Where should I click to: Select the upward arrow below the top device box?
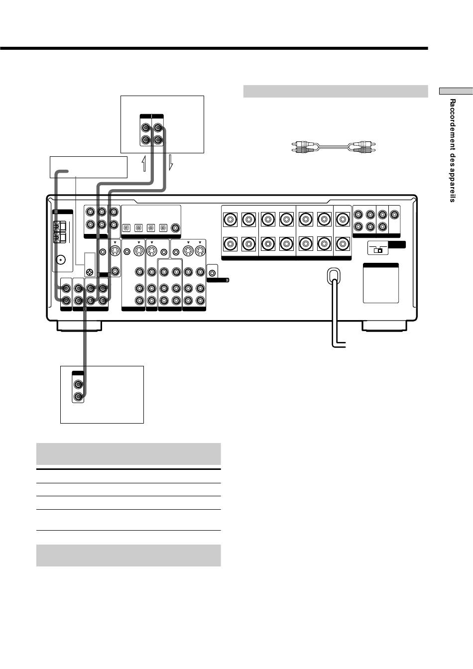pyautogui.click(x=144, y=163)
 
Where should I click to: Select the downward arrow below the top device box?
pyautogui.click(x=170, y=163)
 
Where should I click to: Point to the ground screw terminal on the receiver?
pyautogui.click(x=90, y=272)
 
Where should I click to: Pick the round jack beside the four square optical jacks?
pyautogui.click(x=175, y=228)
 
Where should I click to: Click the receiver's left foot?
pyautogui.click(x=80, y=326)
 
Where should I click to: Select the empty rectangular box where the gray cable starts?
pyautogui.click(x=89, y=167)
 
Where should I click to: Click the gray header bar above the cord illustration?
pyautogui.click(x=335, y=91)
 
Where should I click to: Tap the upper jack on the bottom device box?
pyautogui.click(x=78, y=385)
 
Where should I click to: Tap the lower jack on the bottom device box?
pyautogui.click(x=78, y=397)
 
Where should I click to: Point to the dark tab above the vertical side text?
pyautogui.click(x=456, y=91)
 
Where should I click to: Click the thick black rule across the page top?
pyautogui.click(x=214, y=48)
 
